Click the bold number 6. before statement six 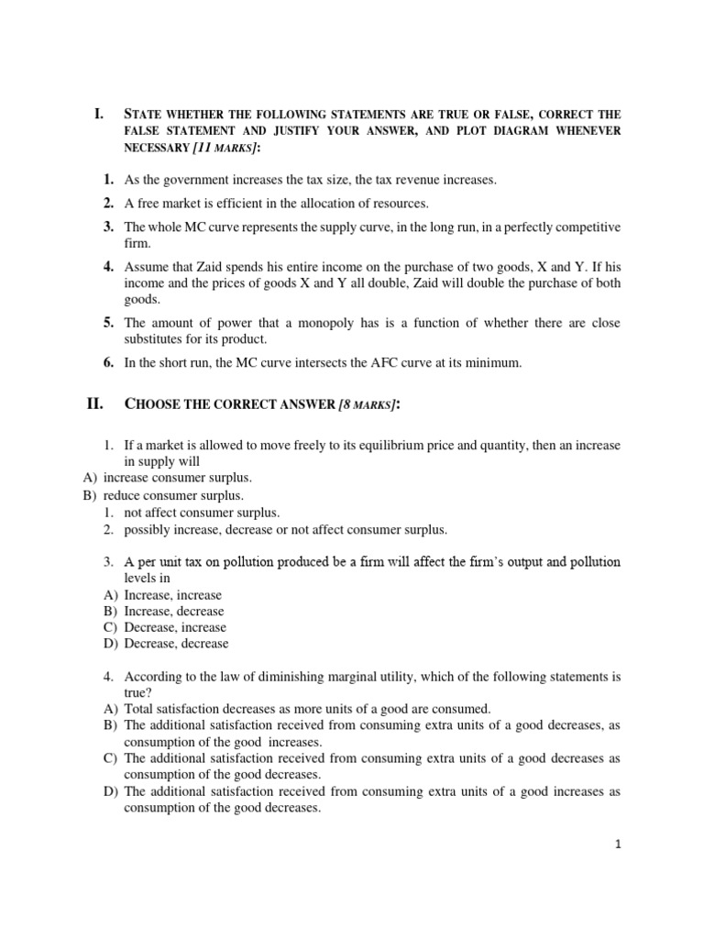pyautogui.click(x=108, y=362)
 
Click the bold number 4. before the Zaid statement pyautogui.click(x=108, y=267)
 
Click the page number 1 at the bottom pyautogui.click(x=619, y=846)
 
